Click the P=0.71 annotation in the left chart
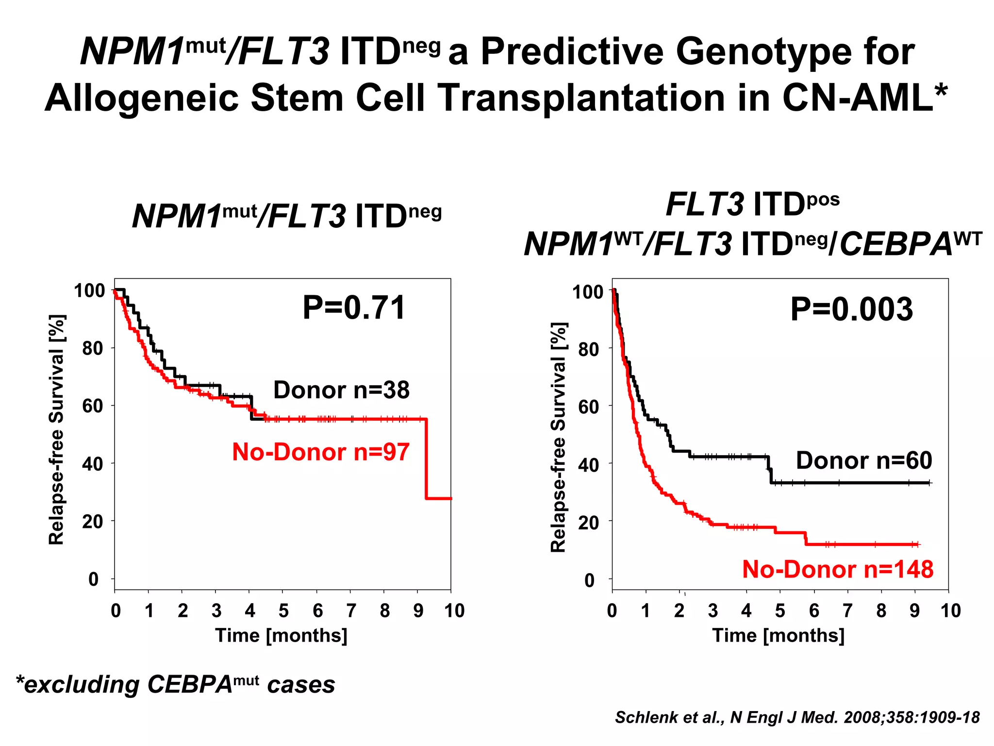tap(354, 308)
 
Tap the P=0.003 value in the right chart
tap(851, 309)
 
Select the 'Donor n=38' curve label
tap(341, 390)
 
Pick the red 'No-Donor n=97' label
tap(321, 452)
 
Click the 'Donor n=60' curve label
tap(864, 460)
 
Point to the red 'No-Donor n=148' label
tap(838, 569)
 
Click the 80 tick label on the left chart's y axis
tap(92, 348)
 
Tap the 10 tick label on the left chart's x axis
tap(454, 610)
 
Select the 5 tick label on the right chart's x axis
tap(780, 610)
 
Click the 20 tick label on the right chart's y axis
tap(588, 523)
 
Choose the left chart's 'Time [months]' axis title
tap(282, 635)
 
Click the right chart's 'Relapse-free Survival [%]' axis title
tap(559, 437)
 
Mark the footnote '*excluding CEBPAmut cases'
tap(175, 684)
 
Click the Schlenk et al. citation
tap(797, 717)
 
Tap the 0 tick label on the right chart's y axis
tap(589, 580)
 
